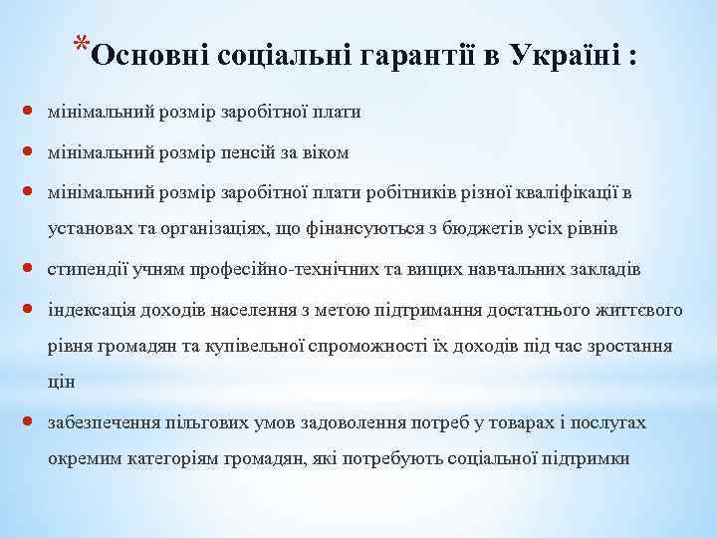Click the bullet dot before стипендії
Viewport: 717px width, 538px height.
point(28,268)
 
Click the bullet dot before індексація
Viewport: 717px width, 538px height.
point(28,308)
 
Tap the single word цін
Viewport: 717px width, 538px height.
point(62,385)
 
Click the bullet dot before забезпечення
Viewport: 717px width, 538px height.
point(28,422)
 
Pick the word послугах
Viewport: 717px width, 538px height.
point(608,423)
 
